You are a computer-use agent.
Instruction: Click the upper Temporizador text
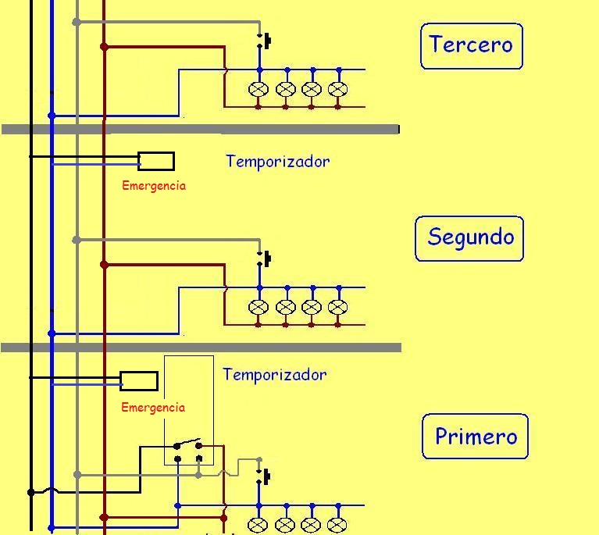tap(278, 162)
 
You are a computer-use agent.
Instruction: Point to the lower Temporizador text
tap(275, 375)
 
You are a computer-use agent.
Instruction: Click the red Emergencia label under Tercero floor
tap(154, 186)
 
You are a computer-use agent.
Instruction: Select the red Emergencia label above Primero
tap(153, 408)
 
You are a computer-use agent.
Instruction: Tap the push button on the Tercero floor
tap(264, 41)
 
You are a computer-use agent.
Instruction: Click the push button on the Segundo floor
tap(264, 259)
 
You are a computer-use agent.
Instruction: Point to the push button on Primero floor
tap(263, 476)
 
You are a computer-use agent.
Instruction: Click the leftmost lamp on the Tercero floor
tap(258, 89)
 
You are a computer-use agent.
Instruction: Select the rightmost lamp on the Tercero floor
tap(337, 89)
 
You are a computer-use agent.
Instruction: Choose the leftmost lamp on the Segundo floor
tap(258, 307)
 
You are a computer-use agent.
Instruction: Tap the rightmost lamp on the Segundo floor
tap(337, 307)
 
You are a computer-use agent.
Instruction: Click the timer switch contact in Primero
tap(187, 444)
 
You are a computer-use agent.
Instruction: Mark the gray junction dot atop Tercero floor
tap(77, 22)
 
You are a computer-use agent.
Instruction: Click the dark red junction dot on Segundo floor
tap(104, 265)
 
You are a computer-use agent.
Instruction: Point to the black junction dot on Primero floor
tap(31, 492)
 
